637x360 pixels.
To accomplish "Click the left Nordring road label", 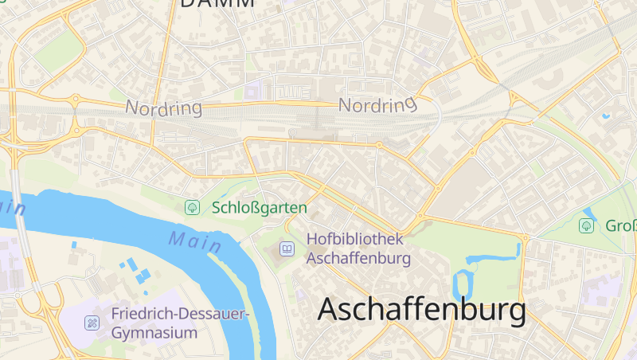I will coord(164,108).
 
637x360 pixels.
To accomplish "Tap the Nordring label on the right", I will coord(377,104).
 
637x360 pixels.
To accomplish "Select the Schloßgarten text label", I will coord(260,208).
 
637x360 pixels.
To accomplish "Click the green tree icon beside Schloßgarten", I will coord(192,208).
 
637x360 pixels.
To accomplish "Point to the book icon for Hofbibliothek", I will coord(287,249).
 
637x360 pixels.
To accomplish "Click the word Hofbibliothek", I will coord(355,239).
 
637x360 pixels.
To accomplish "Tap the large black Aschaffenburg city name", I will coord(422,310).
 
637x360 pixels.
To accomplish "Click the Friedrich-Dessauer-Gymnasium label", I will coord(181,323).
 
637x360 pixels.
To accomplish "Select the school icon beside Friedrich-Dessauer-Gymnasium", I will coord(92,323).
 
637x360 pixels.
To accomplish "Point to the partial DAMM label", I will coord(217,3).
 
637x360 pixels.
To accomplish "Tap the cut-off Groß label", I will coord(621,225).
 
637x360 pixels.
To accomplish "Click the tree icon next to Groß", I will coord(586,225).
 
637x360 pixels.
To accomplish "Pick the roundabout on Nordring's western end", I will coord(76,100).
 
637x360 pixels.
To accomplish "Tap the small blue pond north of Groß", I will coord(590,213).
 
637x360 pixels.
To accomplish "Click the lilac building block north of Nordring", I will coord(253,91).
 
